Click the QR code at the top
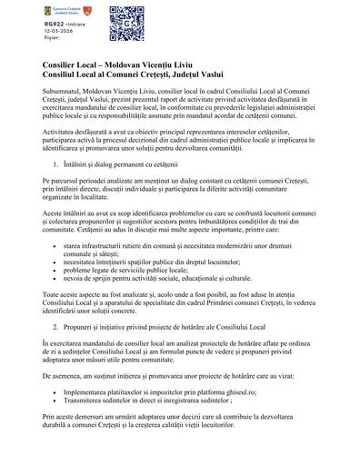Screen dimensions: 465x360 pyautogui.click(x=127, y=21)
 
